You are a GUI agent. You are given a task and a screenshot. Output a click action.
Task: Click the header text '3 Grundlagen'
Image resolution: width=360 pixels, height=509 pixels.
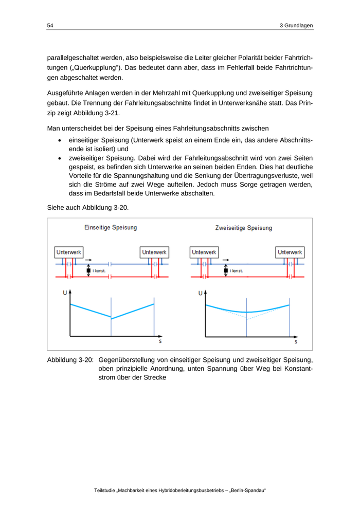tap(296, 25)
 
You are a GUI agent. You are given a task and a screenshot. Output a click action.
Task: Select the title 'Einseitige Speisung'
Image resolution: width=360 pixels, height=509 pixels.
tap(111, 227)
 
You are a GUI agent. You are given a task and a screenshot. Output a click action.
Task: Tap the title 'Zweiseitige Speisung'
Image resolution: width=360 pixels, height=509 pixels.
tap(244, 227)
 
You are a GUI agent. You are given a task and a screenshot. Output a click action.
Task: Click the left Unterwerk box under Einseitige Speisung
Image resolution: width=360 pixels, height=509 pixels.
tap(68, 252)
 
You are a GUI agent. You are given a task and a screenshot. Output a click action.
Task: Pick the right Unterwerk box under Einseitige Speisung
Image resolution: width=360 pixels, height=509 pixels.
tap(154, 252)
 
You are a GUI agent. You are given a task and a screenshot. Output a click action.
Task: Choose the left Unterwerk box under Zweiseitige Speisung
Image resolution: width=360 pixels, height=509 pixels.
tap(204, 252)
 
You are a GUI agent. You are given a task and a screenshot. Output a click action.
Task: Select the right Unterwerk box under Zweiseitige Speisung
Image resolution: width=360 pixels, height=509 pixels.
tap(291, 252)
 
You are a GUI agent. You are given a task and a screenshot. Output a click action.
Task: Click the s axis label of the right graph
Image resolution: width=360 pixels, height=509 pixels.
tap(296, 341)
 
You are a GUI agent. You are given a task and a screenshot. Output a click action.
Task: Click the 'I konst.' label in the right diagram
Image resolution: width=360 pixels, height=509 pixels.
tap(236, 271)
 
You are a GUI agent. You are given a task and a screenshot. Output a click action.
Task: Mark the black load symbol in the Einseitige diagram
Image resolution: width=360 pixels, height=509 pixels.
tap(88, 271)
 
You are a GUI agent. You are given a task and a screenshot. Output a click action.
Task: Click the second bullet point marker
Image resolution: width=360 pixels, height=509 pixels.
tap(61, 159)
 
